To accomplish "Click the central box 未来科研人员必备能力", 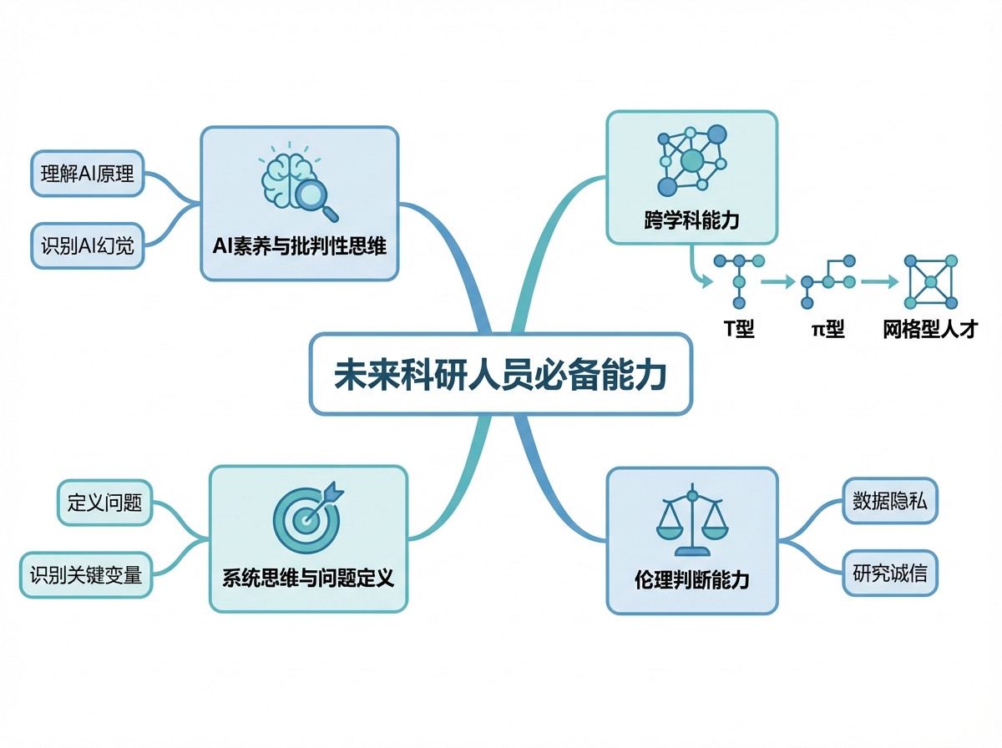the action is [x=501, y=374].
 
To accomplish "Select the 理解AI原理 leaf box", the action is [x=87, y=174].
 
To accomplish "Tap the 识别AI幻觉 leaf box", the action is [x=87, y=245].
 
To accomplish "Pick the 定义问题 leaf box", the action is [x=104, y=503].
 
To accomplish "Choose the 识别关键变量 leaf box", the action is [x=86, y=575].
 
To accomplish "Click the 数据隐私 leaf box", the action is [x=890, y=501].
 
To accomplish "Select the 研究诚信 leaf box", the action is [x=890, y=574].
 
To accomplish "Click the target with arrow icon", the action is [x=307, y=518].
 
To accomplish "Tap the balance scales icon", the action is [x=692, y=520].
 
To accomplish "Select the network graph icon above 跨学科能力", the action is [x=692, y=160].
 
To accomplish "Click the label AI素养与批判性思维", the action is [x=300, y=246].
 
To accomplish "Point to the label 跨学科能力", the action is [x=692, y=220].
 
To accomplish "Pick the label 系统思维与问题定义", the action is [x=308, y=579].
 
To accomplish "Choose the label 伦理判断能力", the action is [x=692, y=580].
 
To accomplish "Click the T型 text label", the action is [x=739, y=328].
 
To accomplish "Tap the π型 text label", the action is [x=827, y=328].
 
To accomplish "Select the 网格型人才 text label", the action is [x=930, y=329].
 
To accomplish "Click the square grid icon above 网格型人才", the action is [x=931, y=282].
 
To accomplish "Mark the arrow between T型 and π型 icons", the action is [x=778, y=281].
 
